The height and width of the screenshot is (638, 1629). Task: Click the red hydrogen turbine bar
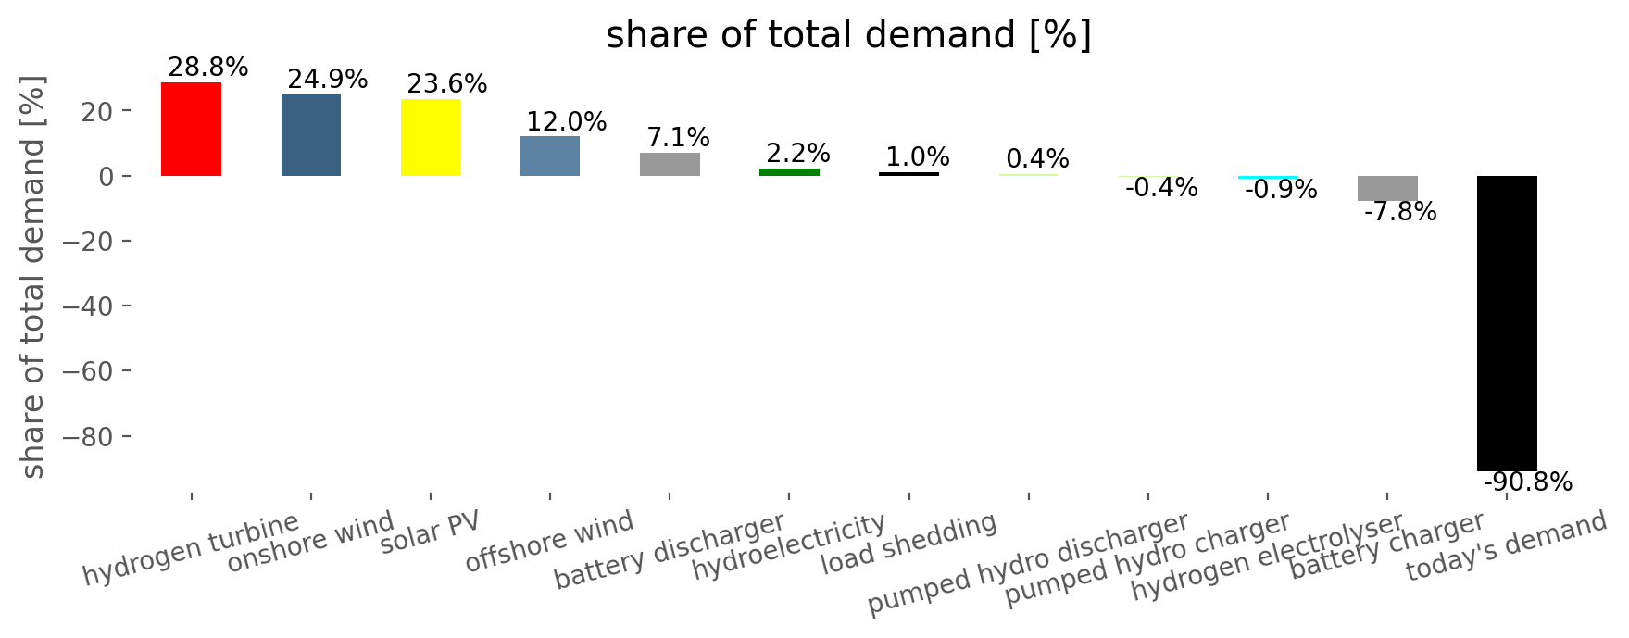pos(191,129)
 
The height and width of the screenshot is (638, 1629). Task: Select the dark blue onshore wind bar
pos(311,135)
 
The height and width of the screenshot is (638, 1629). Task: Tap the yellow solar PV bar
pos(431,137)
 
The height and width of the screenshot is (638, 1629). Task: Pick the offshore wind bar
pos(550,156)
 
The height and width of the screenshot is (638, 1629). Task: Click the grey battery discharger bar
pos(670,164)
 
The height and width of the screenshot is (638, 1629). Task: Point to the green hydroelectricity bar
pos(789,172)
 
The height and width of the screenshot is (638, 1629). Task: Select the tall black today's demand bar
pos(1507,323)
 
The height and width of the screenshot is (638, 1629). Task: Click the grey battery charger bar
pos(1387,188)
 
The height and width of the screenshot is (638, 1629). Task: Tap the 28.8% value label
pos(208,68)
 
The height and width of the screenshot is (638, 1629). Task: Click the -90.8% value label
pos(1528,482)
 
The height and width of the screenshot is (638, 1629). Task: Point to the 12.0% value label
pos(567,121)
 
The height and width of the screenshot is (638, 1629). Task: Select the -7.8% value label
pos(1400,212)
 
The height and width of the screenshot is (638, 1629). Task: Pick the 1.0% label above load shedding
pos(918,157)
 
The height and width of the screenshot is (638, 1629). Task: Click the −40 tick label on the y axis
pos(89,306)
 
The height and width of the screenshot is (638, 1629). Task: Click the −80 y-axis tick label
pos(89,436)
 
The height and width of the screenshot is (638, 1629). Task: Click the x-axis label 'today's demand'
pos(1507,547)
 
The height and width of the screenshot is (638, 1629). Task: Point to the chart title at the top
pos(848,35)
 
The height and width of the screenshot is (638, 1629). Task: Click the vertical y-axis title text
pos(33,278)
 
